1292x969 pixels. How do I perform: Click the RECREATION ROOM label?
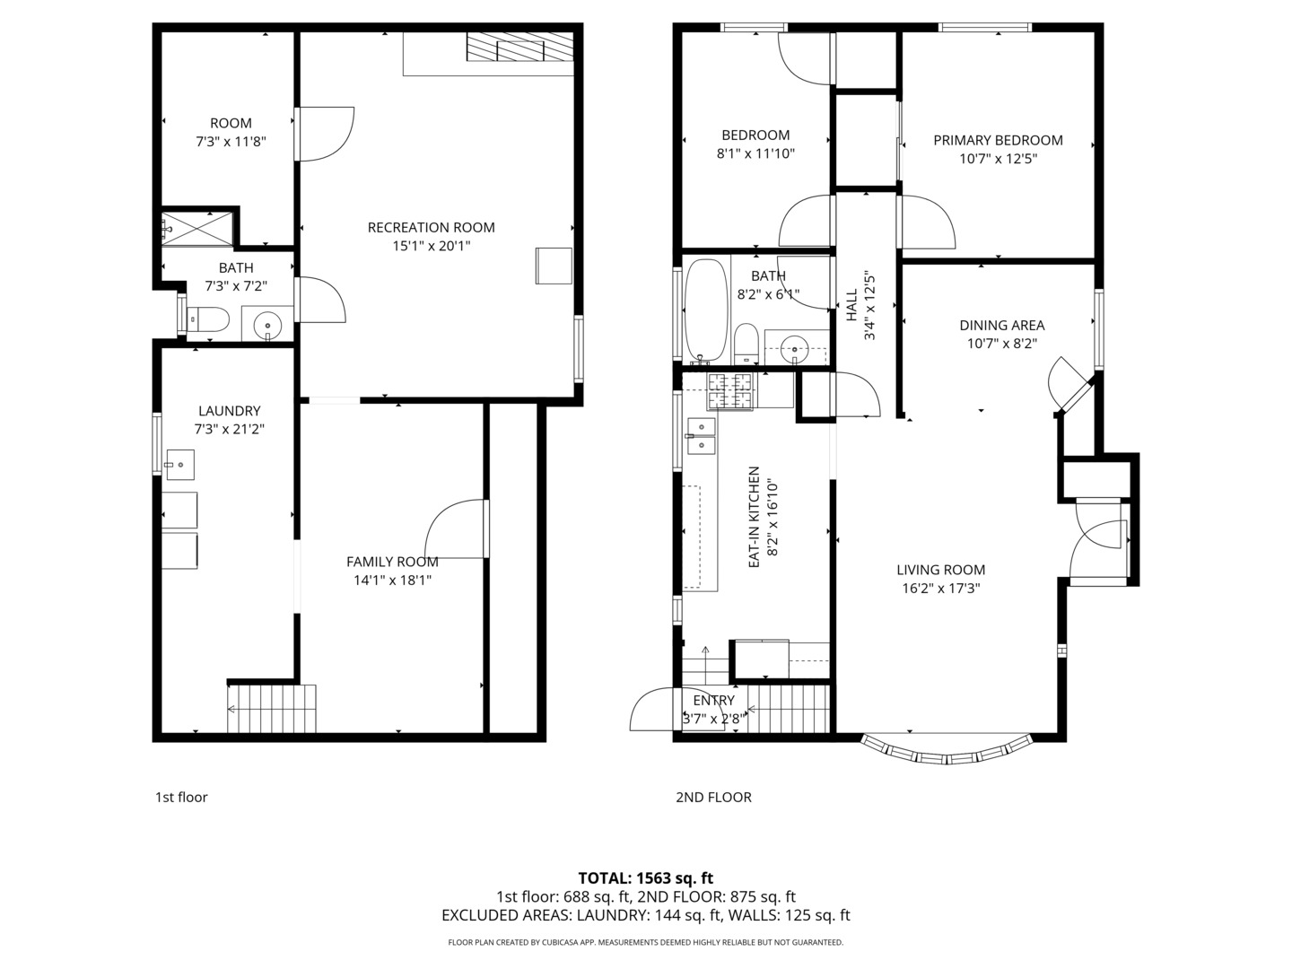pos(431,228)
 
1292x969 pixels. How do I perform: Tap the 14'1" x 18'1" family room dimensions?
pos(392,581)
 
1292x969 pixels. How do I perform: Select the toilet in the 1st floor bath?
pos(207,320)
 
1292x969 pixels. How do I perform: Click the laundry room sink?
pos(180,465)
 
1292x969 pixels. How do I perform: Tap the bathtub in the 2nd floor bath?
pos(706,310)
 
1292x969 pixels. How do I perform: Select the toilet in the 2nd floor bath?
pos(746,344)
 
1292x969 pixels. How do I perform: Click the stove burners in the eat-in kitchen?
pos(730,391)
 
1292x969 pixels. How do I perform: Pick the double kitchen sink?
pos(702,436)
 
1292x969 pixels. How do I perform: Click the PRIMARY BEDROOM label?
pos(998,141)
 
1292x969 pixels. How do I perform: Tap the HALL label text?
pos(851,305)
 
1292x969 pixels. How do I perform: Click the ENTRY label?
pos(713,701)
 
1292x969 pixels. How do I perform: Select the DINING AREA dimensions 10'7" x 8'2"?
pos(1002,344)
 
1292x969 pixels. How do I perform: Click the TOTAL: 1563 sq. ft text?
pos(646,878)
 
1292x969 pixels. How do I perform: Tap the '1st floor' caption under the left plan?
pos(181,798)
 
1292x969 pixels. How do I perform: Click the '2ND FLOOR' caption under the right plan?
pos(713,798)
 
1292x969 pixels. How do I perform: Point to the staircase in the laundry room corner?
pos(271,709)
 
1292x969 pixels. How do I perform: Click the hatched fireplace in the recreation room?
pos(519,47)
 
